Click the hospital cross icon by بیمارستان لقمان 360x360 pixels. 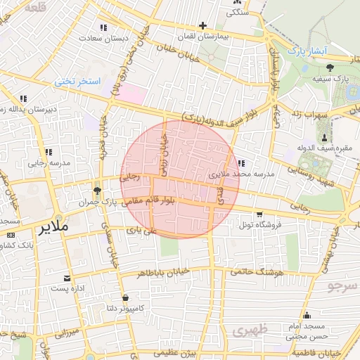pyautogui.click(x=202, y=25)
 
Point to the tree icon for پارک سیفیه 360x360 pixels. pyautogui.click(x=330, y=67)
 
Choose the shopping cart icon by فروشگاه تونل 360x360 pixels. pyautogui.click(x=259, y=214)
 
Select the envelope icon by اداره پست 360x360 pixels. pyautogui.click(x=67, y=278)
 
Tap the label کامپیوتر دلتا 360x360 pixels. pyautogui.click(x=124, y=307)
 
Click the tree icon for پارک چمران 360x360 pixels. pyautogui.click(x=97, y=191)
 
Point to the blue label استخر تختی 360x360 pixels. pyautogui.click(x=79, y=82)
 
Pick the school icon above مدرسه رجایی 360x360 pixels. pyautogui.click(x=48, y=152)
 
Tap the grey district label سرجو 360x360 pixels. pyautogui.click(x=342, y=285)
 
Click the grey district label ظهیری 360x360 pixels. pyautogui.click(x=251, y=329)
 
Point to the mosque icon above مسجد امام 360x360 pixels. pyautogui.click(x=307, y=316)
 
